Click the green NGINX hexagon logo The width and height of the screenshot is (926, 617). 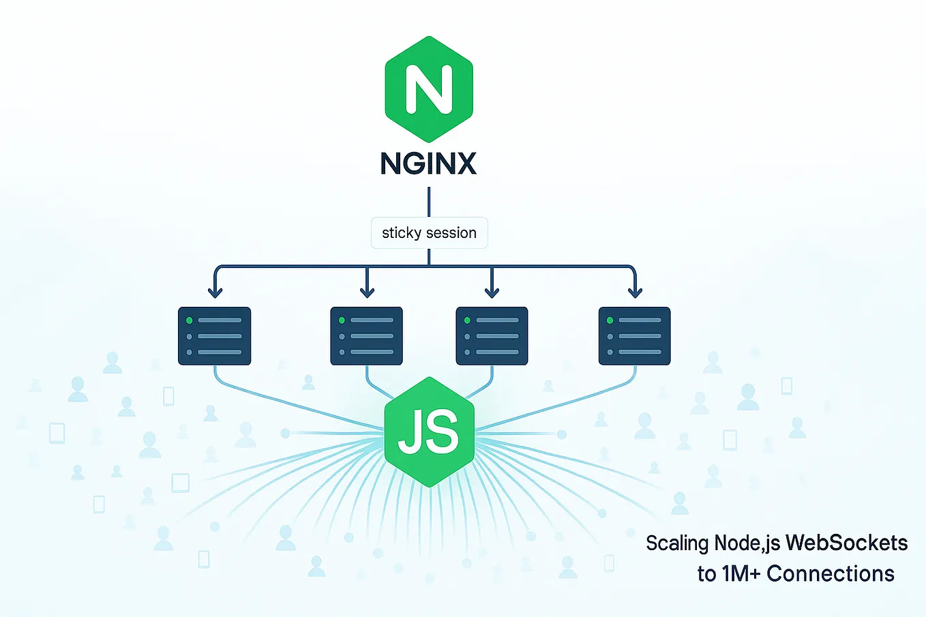[x=429, y=89]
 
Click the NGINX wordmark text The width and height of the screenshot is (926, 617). [x=428, y=164]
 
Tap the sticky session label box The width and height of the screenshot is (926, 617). [x=429, y=232]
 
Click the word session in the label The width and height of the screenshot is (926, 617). [x=451, y=232]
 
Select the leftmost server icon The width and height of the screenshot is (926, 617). [x=214, y=336]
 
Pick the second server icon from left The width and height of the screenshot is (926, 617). [x=366, y=336]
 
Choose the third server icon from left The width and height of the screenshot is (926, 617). [x=492, y=336]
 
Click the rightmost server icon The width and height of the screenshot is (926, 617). [x=634, y=336]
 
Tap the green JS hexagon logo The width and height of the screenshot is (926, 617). [x=429, y=432]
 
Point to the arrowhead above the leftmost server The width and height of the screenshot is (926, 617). [x=215, y=292]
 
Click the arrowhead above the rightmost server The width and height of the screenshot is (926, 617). [x=635, y=292]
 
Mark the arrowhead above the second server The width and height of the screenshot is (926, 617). [x=367, y=292]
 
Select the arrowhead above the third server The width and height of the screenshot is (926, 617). [x=492, y=292]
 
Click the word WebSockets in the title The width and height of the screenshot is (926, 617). [x=846, y=543]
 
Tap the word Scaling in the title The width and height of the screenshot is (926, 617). [x=677, y=543]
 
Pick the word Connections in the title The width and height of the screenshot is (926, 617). [x=830, y=574]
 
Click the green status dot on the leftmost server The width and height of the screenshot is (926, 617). [x=190, y=320]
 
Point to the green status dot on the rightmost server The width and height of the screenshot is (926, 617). [x=610, y=320]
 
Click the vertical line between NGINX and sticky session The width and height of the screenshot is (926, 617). [x=429, y=202]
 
